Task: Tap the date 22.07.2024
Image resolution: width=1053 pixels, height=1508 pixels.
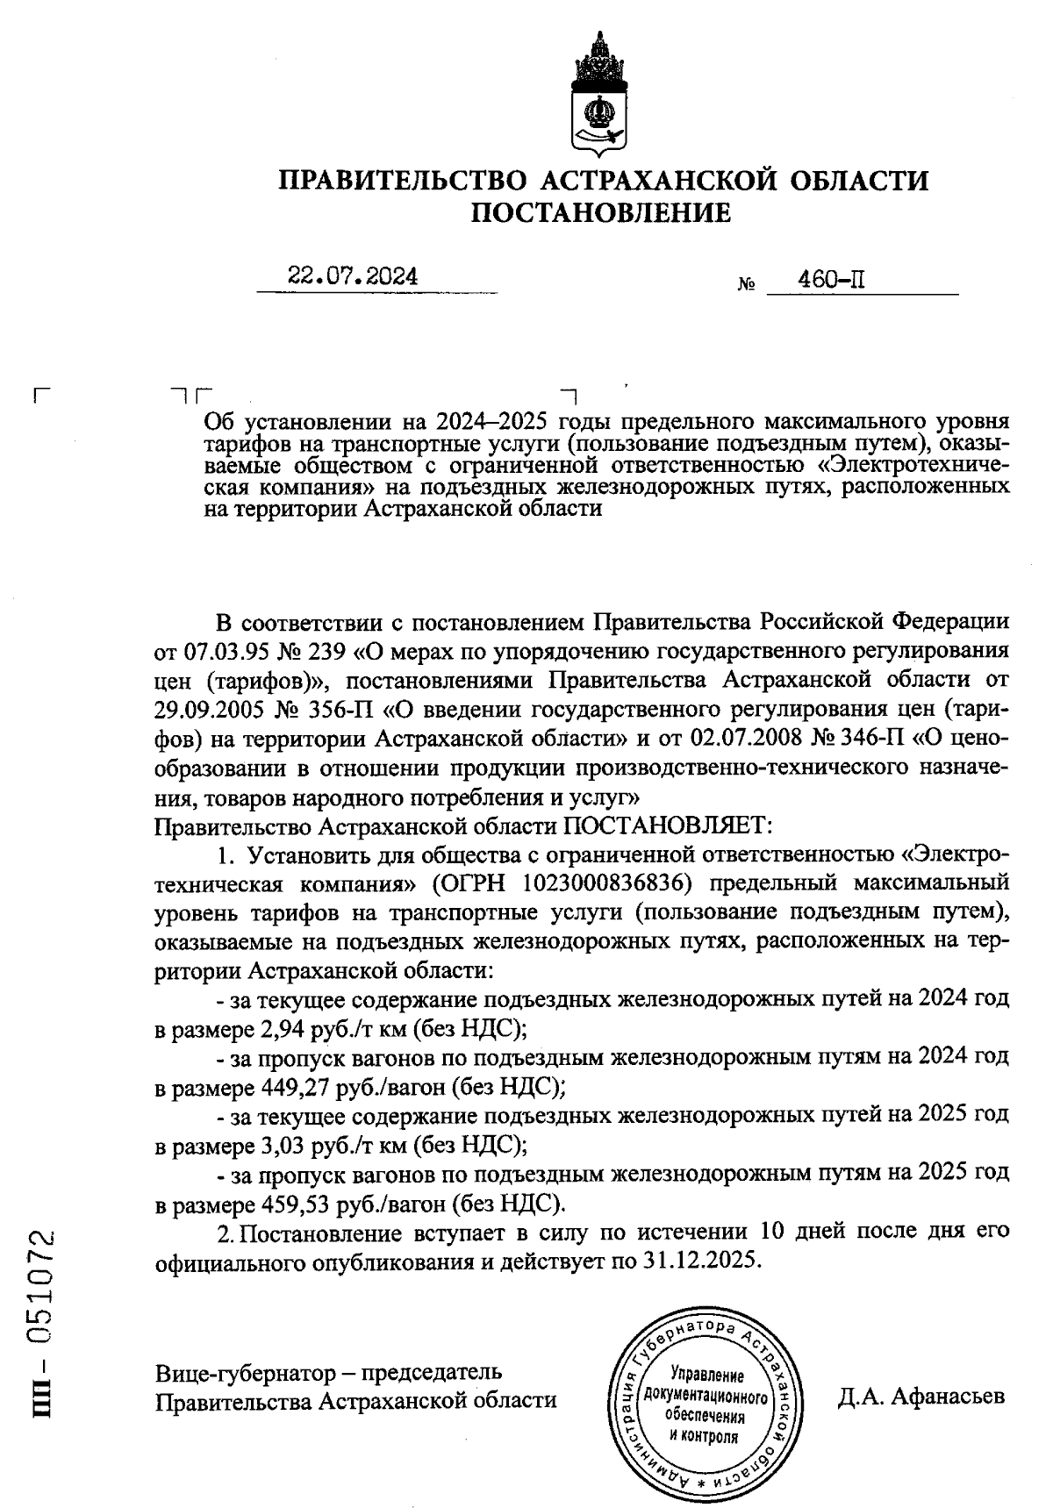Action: (x=353, y=277)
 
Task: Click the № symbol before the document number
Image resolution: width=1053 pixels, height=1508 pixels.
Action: (x=748, y=285)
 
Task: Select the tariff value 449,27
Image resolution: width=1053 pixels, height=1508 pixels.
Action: (x=297, y=1087)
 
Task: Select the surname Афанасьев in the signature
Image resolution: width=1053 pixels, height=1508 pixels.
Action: (x=949, y=1397)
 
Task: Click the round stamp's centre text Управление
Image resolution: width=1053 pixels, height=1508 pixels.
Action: (x=706, y=1375)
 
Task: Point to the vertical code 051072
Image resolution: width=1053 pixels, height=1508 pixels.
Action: (x=41, y=1292)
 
